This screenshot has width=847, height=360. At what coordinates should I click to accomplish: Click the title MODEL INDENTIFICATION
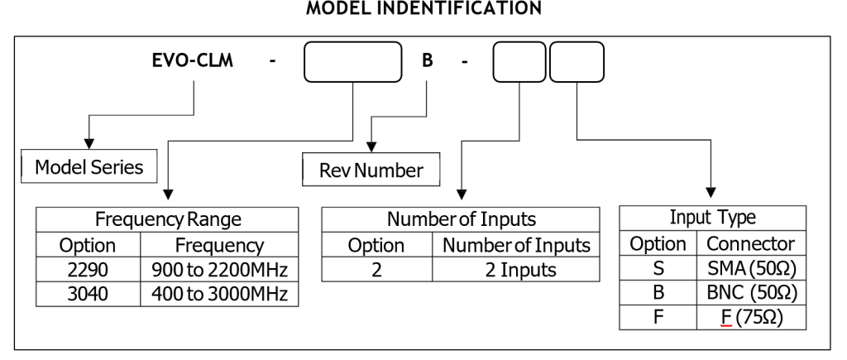[423, 9]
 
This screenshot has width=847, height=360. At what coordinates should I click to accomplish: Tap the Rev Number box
[371, 171]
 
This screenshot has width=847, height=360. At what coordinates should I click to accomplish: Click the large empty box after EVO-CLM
[354, 63]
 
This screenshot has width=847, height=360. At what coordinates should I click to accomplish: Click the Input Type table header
[711, 219]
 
